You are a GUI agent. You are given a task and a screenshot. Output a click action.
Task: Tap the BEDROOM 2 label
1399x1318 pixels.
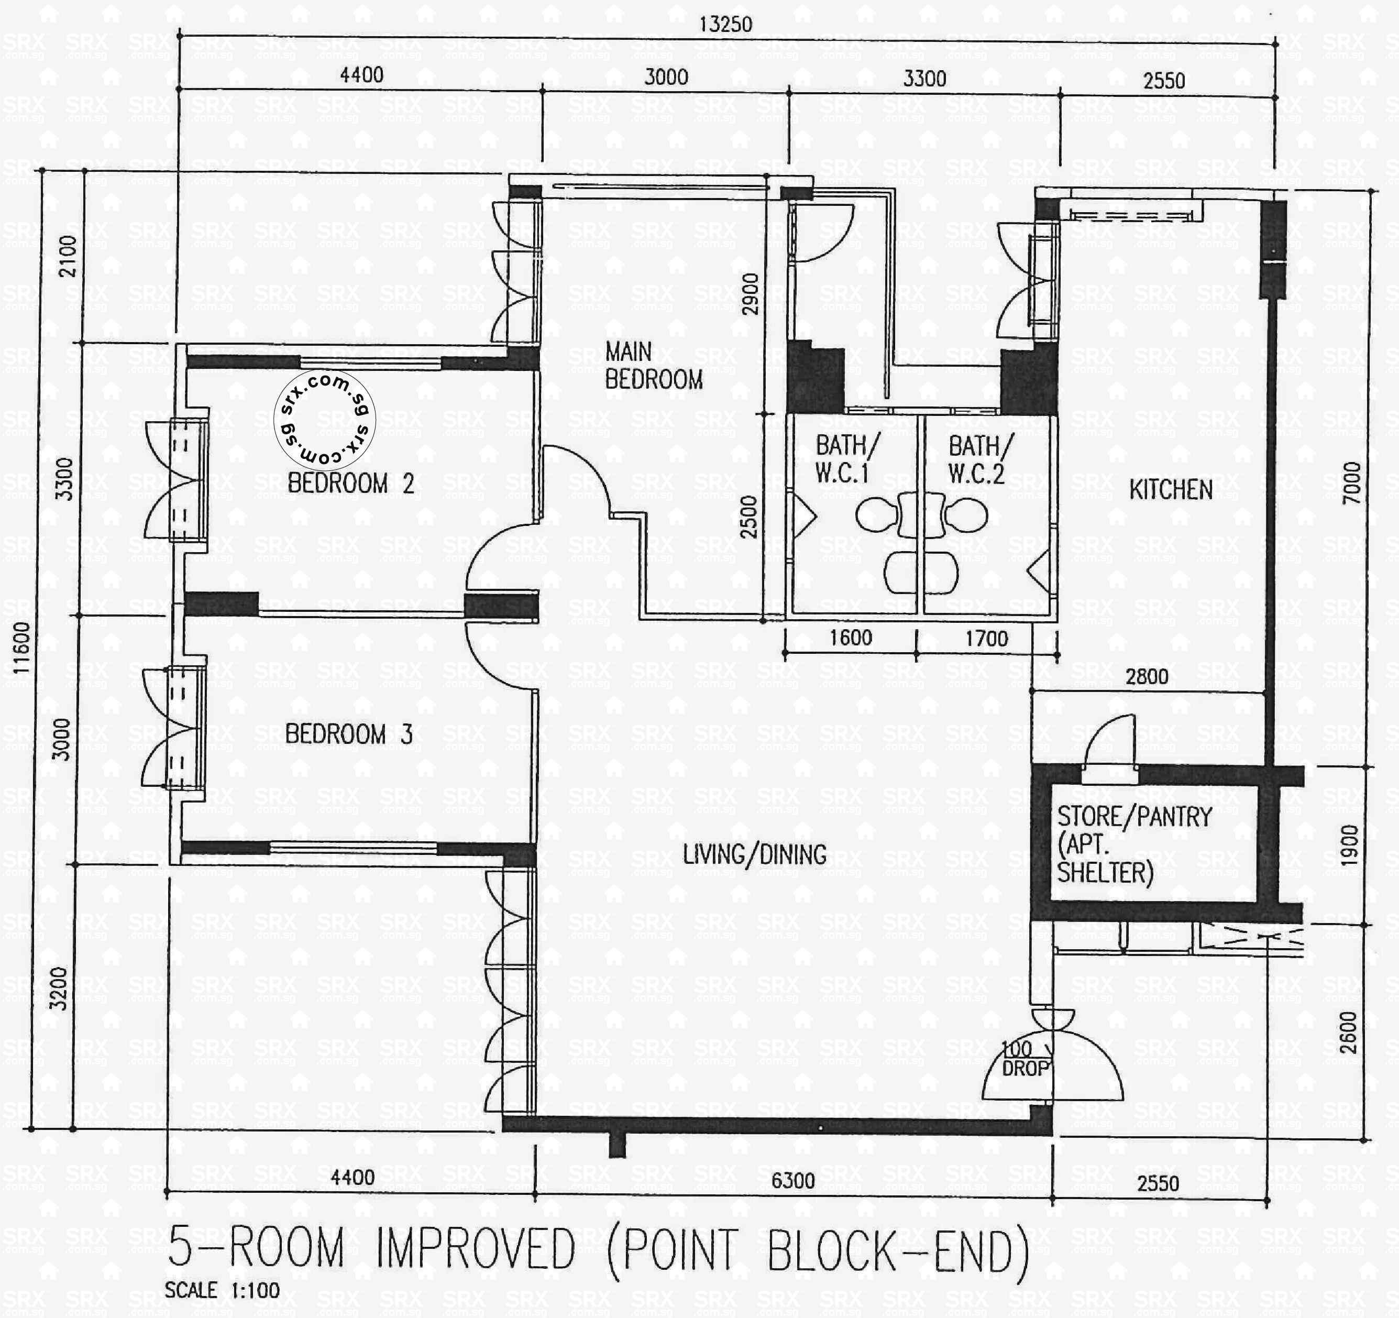350,484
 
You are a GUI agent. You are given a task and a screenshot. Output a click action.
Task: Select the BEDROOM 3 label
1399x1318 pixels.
348,734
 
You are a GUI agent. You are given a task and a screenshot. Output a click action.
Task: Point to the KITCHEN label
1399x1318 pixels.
1170,490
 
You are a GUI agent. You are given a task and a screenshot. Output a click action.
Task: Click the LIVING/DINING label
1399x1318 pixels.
754,854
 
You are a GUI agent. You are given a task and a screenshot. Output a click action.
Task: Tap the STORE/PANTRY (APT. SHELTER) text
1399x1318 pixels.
1133,844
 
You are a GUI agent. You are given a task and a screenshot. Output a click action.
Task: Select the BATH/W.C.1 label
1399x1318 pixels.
846,459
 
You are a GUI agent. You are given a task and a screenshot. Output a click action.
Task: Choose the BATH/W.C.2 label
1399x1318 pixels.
979,459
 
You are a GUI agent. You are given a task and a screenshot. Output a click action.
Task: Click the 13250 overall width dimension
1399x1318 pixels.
725,25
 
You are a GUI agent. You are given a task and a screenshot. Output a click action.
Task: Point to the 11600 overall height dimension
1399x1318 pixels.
22,647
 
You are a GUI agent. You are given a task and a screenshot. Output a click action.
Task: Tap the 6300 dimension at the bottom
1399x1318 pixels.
792,1180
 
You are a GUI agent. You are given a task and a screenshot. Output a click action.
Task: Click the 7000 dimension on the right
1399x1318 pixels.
1352,483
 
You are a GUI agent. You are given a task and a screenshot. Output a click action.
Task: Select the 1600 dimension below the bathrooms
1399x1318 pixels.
850,638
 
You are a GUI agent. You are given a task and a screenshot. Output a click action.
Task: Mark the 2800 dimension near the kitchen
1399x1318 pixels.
1147,677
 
